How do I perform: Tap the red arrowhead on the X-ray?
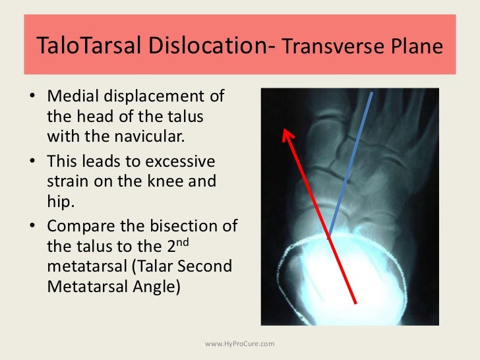point(287,135)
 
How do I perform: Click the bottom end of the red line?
point(357,303)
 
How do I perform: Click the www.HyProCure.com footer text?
point(240,344)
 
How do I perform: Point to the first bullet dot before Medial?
point(32,98)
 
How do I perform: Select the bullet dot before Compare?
point(32,226)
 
